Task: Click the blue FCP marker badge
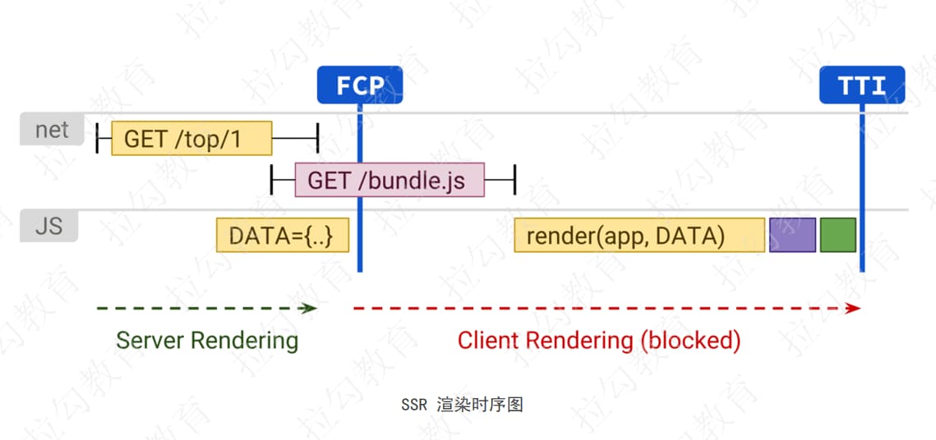tap(360, 85)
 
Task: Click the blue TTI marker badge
tap(862, 85)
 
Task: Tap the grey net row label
tap(52, 130)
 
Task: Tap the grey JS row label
tap(48, 225)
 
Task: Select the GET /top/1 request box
tap(191, 139)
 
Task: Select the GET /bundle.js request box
tap(390, 180)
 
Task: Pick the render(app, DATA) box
tap(639, 236)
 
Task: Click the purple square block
tap(792, 235)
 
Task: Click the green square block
tap(838, 235)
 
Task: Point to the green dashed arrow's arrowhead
tap(311, 309)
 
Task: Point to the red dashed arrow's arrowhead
tap(855, 309)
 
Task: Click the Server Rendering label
tap(207, 340)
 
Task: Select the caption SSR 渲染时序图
tap(463, 405)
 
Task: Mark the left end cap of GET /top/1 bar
tap(98, 139)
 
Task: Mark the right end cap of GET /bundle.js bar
tap(514, 180)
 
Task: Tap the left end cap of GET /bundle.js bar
tap(272, 180)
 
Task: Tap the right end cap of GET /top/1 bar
tap(316, 139)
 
